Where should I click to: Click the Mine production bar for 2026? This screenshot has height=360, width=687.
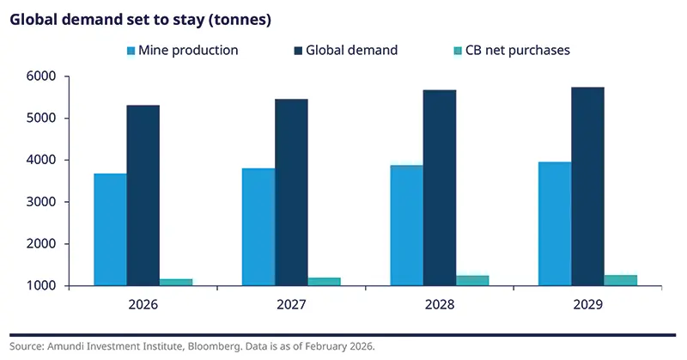[x=111, y=229]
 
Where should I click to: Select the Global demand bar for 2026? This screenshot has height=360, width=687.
[x=143, y=195]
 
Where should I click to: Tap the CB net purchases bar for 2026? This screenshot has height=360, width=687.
[x=175, y=282]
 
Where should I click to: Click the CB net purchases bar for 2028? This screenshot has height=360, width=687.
[x=472, y=280]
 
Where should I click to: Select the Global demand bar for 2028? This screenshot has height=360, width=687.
[x=441, y=187]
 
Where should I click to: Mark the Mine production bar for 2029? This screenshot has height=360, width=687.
[x=555, y=223]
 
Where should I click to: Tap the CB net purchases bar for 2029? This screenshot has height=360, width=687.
[x=621, y=280]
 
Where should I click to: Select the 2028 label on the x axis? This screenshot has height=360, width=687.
[x=441, y=305]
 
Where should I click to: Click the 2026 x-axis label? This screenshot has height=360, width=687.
[x=143, y=305]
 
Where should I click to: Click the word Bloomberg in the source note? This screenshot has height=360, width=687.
[x=211, y=346]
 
